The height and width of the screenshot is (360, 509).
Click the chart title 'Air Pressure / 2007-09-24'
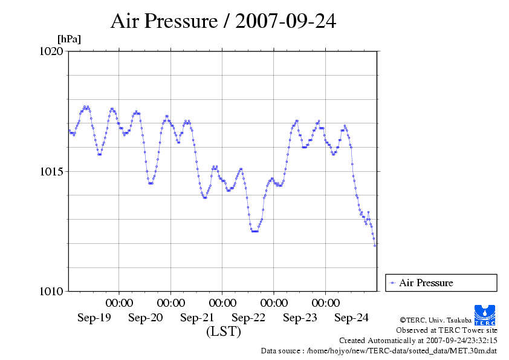223,21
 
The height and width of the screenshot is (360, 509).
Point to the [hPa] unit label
69,39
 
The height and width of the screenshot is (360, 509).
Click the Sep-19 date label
94,318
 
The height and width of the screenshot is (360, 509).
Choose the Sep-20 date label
146,318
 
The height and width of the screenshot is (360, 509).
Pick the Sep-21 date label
197,318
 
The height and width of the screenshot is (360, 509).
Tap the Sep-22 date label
248,318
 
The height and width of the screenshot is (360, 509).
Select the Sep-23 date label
300,318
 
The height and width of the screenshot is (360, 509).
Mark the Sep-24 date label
351,318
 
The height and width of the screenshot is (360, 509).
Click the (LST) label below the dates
223,332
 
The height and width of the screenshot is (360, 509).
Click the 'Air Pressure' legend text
426,283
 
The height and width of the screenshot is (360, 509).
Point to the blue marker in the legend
393,283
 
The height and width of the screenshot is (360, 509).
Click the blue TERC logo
485,315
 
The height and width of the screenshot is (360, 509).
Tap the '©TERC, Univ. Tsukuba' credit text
435,319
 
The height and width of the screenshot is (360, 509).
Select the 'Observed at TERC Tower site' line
447,330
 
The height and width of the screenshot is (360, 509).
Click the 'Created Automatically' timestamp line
418,340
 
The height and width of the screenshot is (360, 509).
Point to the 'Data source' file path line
379,350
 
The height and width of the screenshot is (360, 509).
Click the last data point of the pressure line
375,245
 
